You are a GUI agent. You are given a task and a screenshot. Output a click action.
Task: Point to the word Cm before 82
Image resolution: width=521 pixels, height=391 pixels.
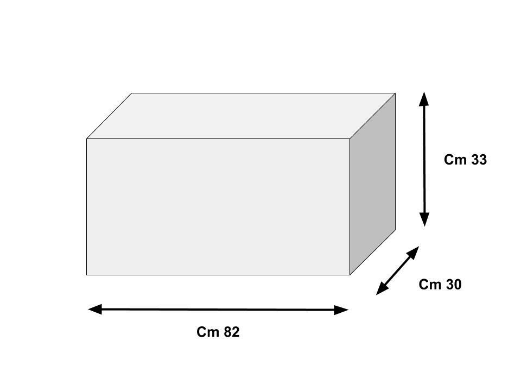click(207, 332)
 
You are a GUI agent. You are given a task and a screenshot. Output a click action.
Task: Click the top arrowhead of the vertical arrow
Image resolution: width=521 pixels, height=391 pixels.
click(424, 99)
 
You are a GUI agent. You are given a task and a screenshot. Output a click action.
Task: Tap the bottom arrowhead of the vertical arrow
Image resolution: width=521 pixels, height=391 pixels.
click(424, 219)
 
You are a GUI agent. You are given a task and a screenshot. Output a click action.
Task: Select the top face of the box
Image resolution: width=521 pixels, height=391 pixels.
click(241, 116)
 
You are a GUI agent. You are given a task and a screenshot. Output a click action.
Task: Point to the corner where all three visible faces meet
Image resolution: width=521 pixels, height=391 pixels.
click(350, 138)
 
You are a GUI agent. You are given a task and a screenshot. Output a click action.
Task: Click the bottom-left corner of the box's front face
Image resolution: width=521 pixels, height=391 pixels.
click(87, 275)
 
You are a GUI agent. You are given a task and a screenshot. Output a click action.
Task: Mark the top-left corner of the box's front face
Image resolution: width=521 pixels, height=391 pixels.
click(87, 138)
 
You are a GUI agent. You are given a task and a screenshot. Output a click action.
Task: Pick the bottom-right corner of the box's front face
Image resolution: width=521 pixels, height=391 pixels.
click(350, 275)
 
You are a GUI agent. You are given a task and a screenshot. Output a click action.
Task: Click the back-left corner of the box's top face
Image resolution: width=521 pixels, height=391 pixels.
click(132, 93)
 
